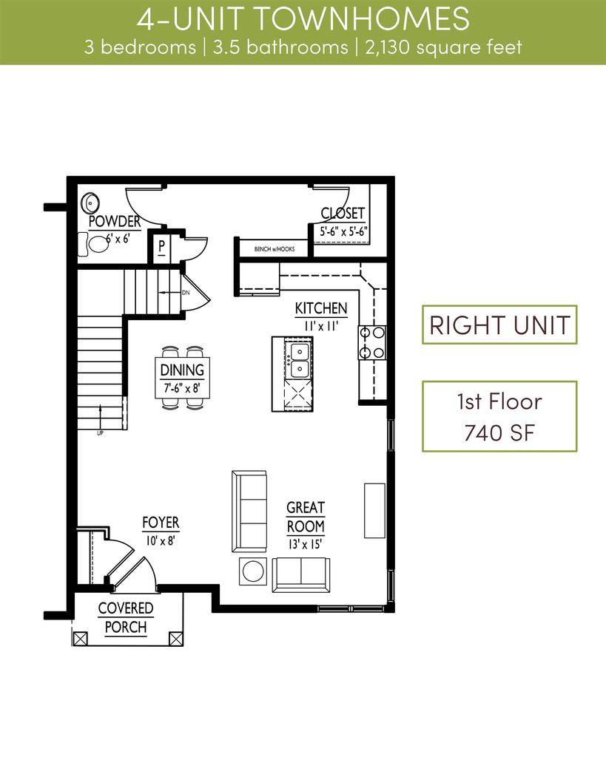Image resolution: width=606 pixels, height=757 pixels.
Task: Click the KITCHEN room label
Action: (321, 308)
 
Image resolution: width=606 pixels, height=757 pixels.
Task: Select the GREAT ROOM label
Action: (306, 517)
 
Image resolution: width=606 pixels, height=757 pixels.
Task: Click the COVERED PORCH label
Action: (126, 618)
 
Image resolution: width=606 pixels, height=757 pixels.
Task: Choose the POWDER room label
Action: (115, 222)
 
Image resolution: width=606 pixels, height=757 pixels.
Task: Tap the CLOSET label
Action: (343, 214)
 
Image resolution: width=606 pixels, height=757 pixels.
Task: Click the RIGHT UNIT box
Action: (499, 325)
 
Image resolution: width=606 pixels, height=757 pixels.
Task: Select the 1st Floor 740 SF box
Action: (499, 416)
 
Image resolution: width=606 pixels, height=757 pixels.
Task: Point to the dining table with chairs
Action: (183, 377)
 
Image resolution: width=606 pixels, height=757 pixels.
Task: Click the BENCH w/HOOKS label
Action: (275, 249)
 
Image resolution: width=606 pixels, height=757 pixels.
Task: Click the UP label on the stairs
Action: (100, 432)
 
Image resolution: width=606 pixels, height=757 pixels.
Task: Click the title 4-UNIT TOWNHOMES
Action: (303, 18)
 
